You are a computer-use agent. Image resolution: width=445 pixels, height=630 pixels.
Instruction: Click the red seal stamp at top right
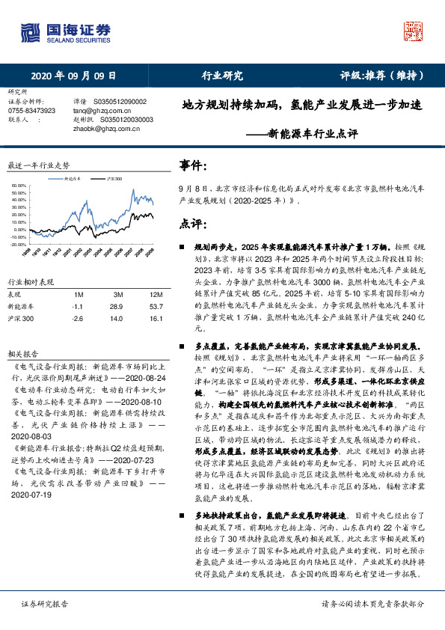[414, 31]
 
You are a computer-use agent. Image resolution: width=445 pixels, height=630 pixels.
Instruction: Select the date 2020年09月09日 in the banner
[73, 76]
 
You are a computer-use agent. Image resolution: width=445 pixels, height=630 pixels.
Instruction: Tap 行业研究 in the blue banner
[222, 76]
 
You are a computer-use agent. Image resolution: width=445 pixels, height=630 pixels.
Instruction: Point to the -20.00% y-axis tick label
[16, 244]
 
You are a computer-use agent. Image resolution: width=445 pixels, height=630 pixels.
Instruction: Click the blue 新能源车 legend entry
[75, 180]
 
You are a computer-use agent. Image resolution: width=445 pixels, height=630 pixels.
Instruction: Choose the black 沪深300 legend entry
[113, 180]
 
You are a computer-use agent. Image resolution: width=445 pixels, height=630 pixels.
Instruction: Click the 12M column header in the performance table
[157, 294]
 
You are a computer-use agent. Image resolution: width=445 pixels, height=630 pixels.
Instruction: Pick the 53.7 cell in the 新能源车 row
[157, 307]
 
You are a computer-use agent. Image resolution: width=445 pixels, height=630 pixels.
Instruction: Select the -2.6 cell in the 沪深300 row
[76, 319]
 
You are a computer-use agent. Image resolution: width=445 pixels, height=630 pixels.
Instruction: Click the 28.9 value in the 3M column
[117, 307]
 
